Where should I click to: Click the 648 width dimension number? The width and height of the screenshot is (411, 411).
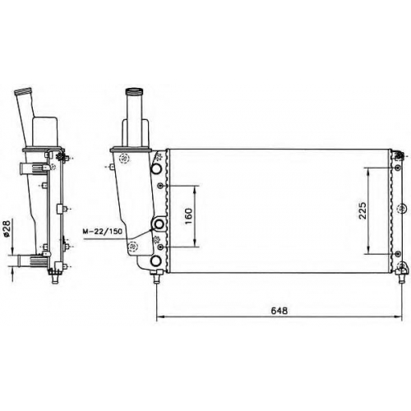point(279,311)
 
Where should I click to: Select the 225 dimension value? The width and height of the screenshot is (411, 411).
point(363,210)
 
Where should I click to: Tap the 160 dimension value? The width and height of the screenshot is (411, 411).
point(189,216)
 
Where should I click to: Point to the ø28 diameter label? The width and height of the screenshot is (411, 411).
point(7,229)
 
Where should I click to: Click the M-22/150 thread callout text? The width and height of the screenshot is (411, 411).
point(103,232)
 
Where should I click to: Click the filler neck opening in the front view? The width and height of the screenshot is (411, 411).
point(134,91)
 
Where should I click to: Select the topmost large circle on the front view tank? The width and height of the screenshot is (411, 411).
point(157,169)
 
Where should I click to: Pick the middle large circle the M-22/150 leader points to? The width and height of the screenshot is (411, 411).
point(159,224)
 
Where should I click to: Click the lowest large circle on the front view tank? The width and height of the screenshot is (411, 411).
point(156,261)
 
